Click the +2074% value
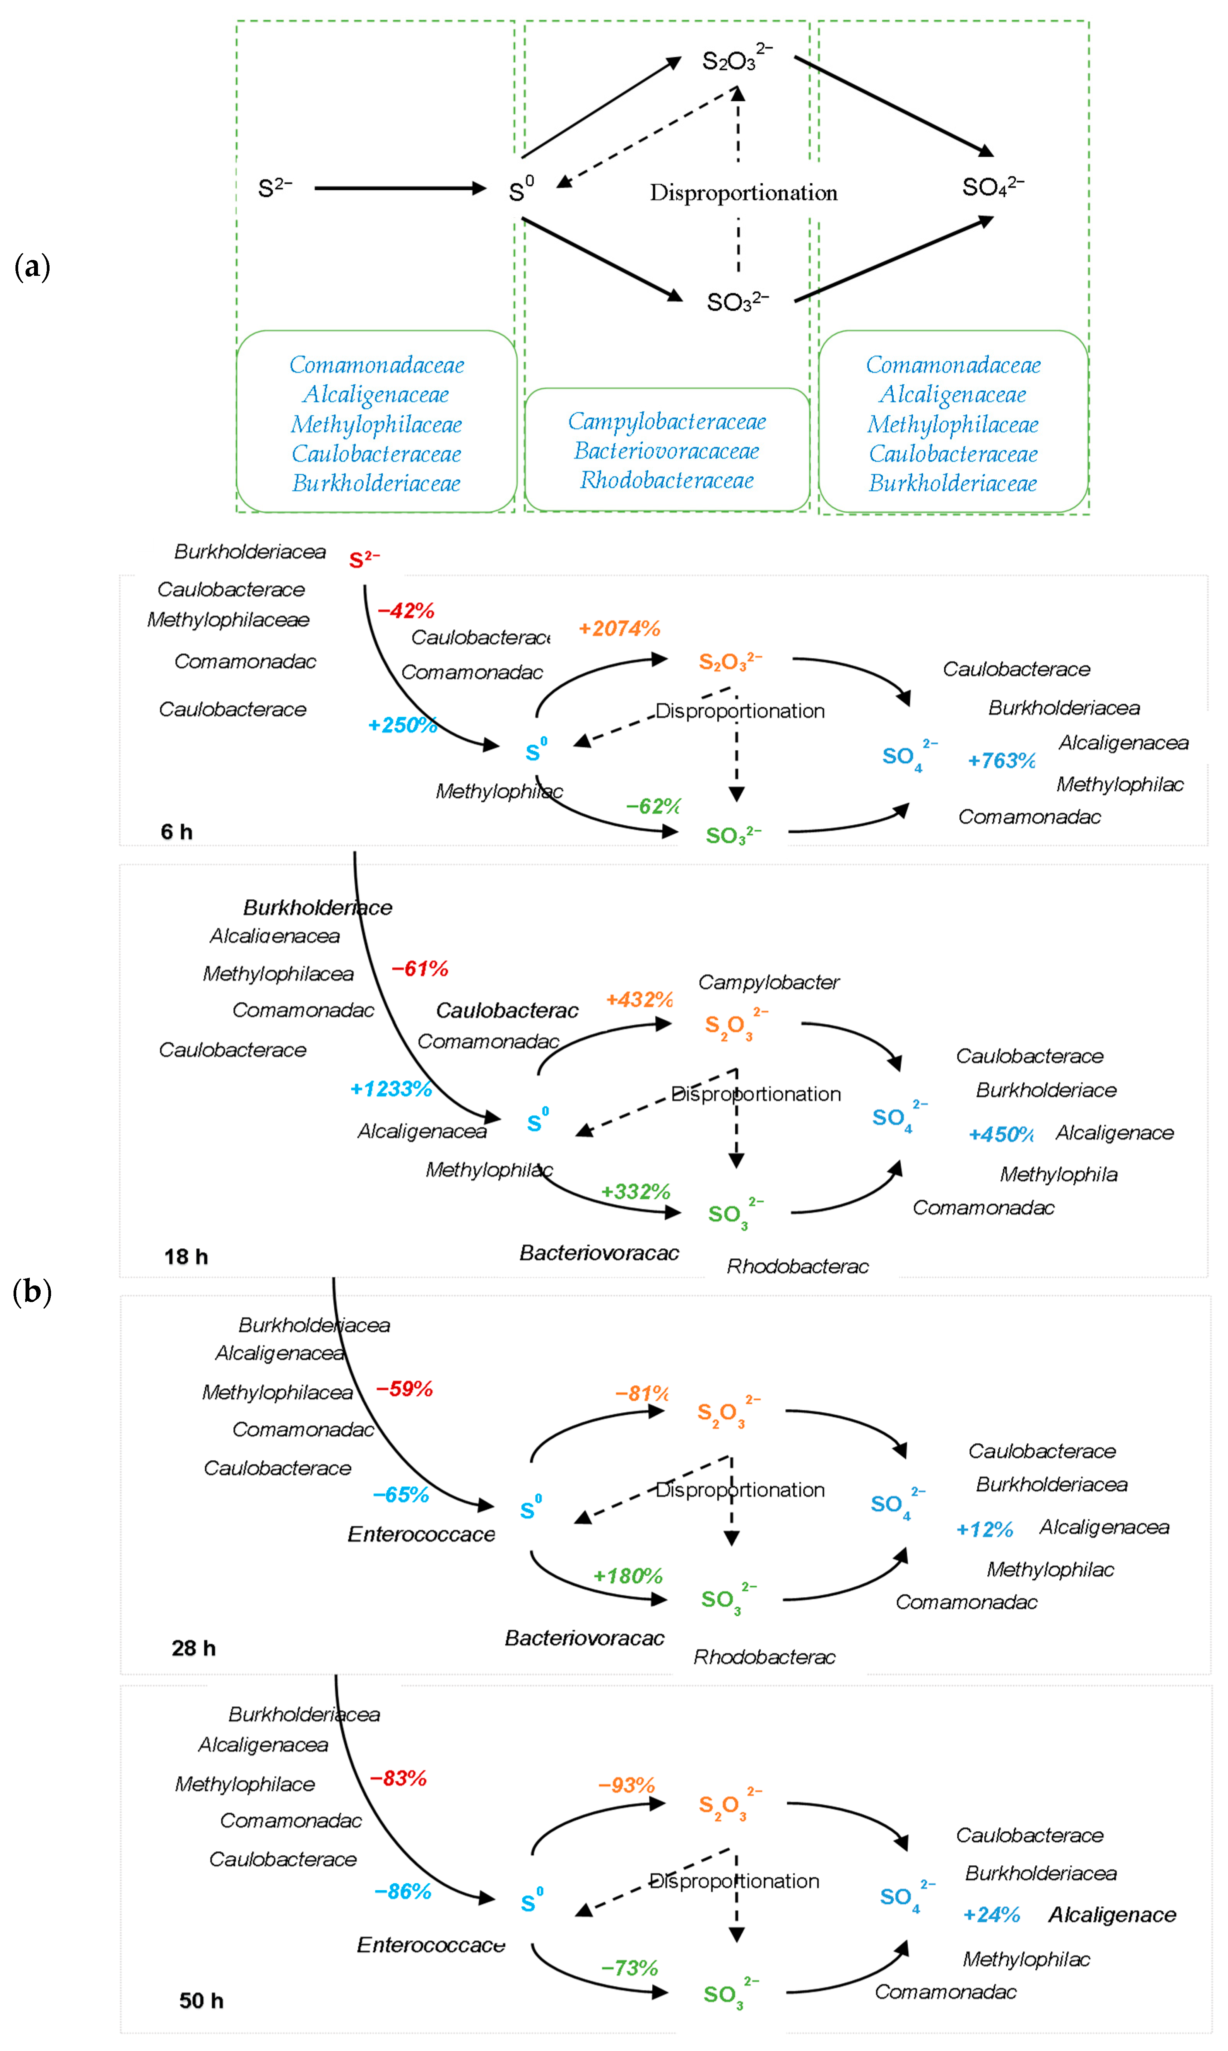(x=619, y=629)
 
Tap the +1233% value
(x=391, y=1089)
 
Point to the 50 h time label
(x=201, y=2001)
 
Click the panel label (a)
(x=32, y=267)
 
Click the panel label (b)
(x=32, y=1292)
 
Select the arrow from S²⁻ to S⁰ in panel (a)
(x=400, y=189)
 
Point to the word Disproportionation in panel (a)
(x=743, y=193)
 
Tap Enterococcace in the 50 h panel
(x=430, y=1944)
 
